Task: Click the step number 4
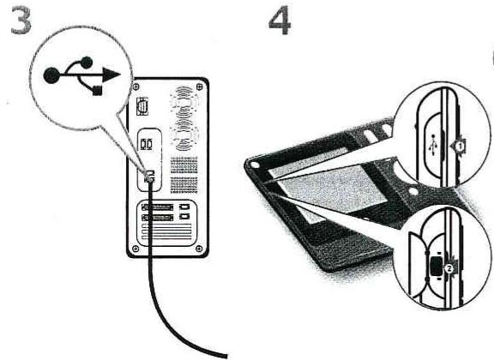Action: pos(280,22)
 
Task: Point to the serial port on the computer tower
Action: pos(143,108)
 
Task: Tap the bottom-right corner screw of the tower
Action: pos(202,250)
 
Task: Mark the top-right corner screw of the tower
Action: pos(203,85)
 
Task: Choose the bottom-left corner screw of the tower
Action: pos(134,250)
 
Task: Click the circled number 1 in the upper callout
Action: pos(459,146)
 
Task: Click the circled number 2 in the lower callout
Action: pos(448,267)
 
